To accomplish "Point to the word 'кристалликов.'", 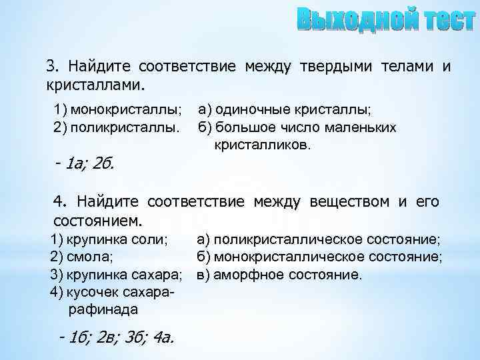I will pos(262,144).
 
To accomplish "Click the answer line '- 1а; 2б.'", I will pos(85,163).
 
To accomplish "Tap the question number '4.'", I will pos(61,201).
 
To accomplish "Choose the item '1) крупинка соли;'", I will pos(109,239).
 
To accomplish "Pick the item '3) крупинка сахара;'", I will pos(117,274).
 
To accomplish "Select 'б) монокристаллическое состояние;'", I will pos(319,256).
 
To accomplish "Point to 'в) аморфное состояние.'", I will pos(279,274).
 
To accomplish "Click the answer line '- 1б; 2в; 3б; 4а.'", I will pos(116,337).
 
